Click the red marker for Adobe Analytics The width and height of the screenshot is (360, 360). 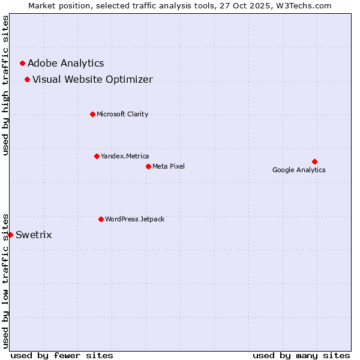click(x=22, y=63)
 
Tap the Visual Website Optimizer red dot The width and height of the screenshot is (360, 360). click(x=27, y=79)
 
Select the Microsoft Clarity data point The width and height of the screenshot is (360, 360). click(x=92, y=114)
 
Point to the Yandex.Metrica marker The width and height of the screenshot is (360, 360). click(x=97, y=156)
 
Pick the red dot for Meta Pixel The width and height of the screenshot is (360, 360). click(x=148, y=166)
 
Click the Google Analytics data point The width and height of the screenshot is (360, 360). click(x=314, y=161)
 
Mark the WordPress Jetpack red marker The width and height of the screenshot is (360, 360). click(x=101, y=219)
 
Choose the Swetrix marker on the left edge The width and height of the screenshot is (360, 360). click(x=10, y=235)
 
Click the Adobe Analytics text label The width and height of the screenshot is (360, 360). click(x=65, y=63)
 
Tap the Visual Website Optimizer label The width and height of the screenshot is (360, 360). click(x=92, y=79)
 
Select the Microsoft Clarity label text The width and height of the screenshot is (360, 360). click(x=122, y=114)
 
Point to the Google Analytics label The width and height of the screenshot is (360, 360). click(x=299, y=170)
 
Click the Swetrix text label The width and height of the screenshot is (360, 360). click(x=34, y=235)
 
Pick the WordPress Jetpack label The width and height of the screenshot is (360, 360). click(x=134, y=219)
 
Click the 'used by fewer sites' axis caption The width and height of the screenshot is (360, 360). click(x=62, y=355)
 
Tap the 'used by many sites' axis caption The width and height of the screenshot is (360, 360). click(x=301, y=355)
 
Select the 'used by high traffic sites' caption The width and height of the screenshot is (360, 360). click(x=5, y=85)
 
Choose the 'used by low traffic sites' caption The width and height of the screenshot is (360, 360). click(x=5, y=280)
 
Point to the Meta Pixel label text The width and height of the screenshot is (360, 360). click(x=169, y=166)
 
